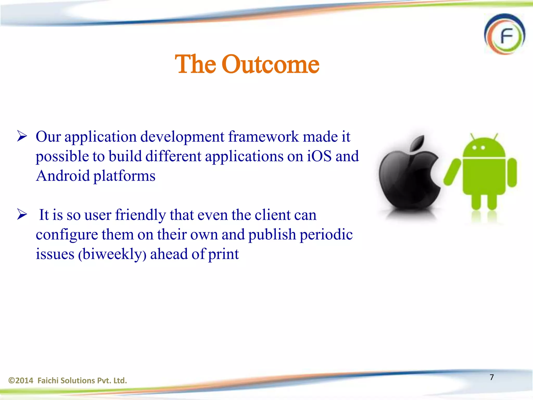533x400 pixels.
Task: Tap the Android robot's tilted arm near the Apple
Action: pyautogui.click(x=452, y=172)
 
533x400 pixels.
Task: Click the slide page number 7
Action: pyautogui.click(x=492, y=377)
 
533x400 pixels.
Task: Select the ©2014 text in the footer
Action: pyautogui.click(x=21, y=380)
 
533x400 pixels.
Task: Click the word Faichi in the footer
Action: pyautogui.click(x=48, y=380)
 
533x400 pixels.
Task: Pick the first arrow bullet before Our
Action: pyautogui.click(x=22, y=136)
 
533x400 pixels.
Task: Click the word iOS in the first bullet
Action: pyautogui.click(x=319, y=156)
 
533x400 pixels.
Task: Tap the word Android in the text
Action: pyautogui.click(x=63, y=176)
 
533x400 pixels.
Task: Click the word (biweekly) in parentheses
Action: pyautogui.click(x=112, y=254)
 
